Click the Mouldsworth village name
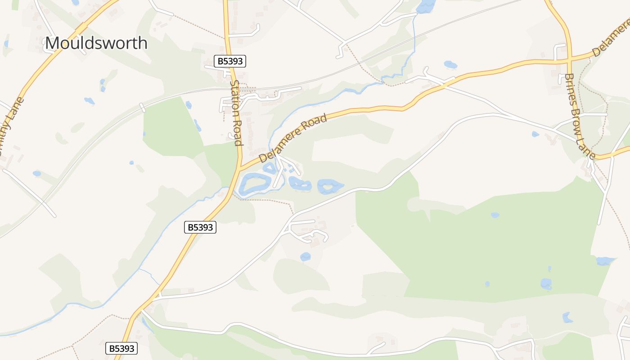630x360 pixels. [96, 43]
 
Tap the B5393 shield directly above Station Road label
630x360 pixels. [230, 61]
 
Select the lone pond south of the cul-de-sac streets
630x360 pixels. [306, 257]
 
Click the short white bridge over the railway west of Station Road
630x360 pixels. [142, 108]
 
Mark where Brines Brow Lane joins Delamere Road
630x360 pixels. [570, 58]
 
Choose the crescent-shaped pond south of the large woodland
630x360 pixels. [567, 318]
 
